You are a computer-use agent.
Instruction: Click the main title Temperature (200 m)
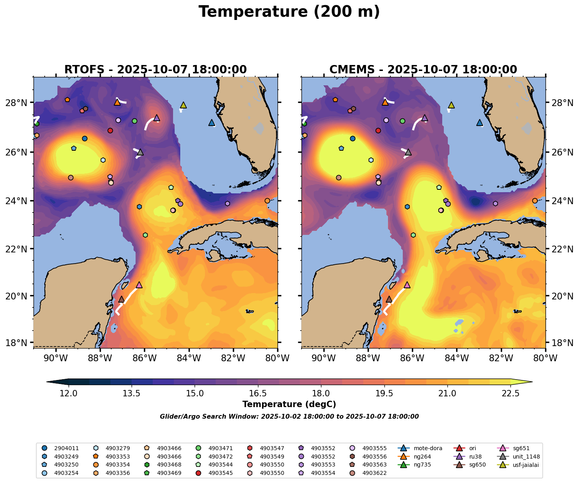click(289, 12)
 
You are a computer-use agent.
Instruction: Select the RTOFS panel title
click(156, 70)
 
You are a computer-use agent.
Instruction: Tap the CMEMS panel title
click(423, 70)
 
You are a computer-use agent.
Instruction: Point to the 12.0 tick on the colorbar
click(69, 394)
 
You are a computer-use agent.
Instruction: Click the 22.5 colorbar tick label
click(510, 394)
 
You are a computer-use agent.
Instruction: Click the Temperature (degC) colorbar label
click(289, 404)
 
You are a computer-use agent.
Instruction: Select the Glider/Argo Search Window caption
click(289, 417)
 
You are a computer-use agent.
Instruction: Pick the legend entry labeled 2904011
click(66, 448)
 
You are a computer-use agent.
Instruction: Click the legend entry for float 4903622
click(374, 473)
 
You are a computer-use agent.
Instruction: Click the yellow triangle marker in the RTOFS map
click(183, 105)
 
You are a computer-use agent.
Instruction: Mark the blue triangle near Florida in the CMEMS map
click(479, 122)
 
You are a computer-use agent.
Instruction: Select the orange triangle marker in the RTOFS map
click(117, 102)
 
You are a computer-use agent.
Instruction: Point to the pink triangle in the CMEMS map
click(407, 285)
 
